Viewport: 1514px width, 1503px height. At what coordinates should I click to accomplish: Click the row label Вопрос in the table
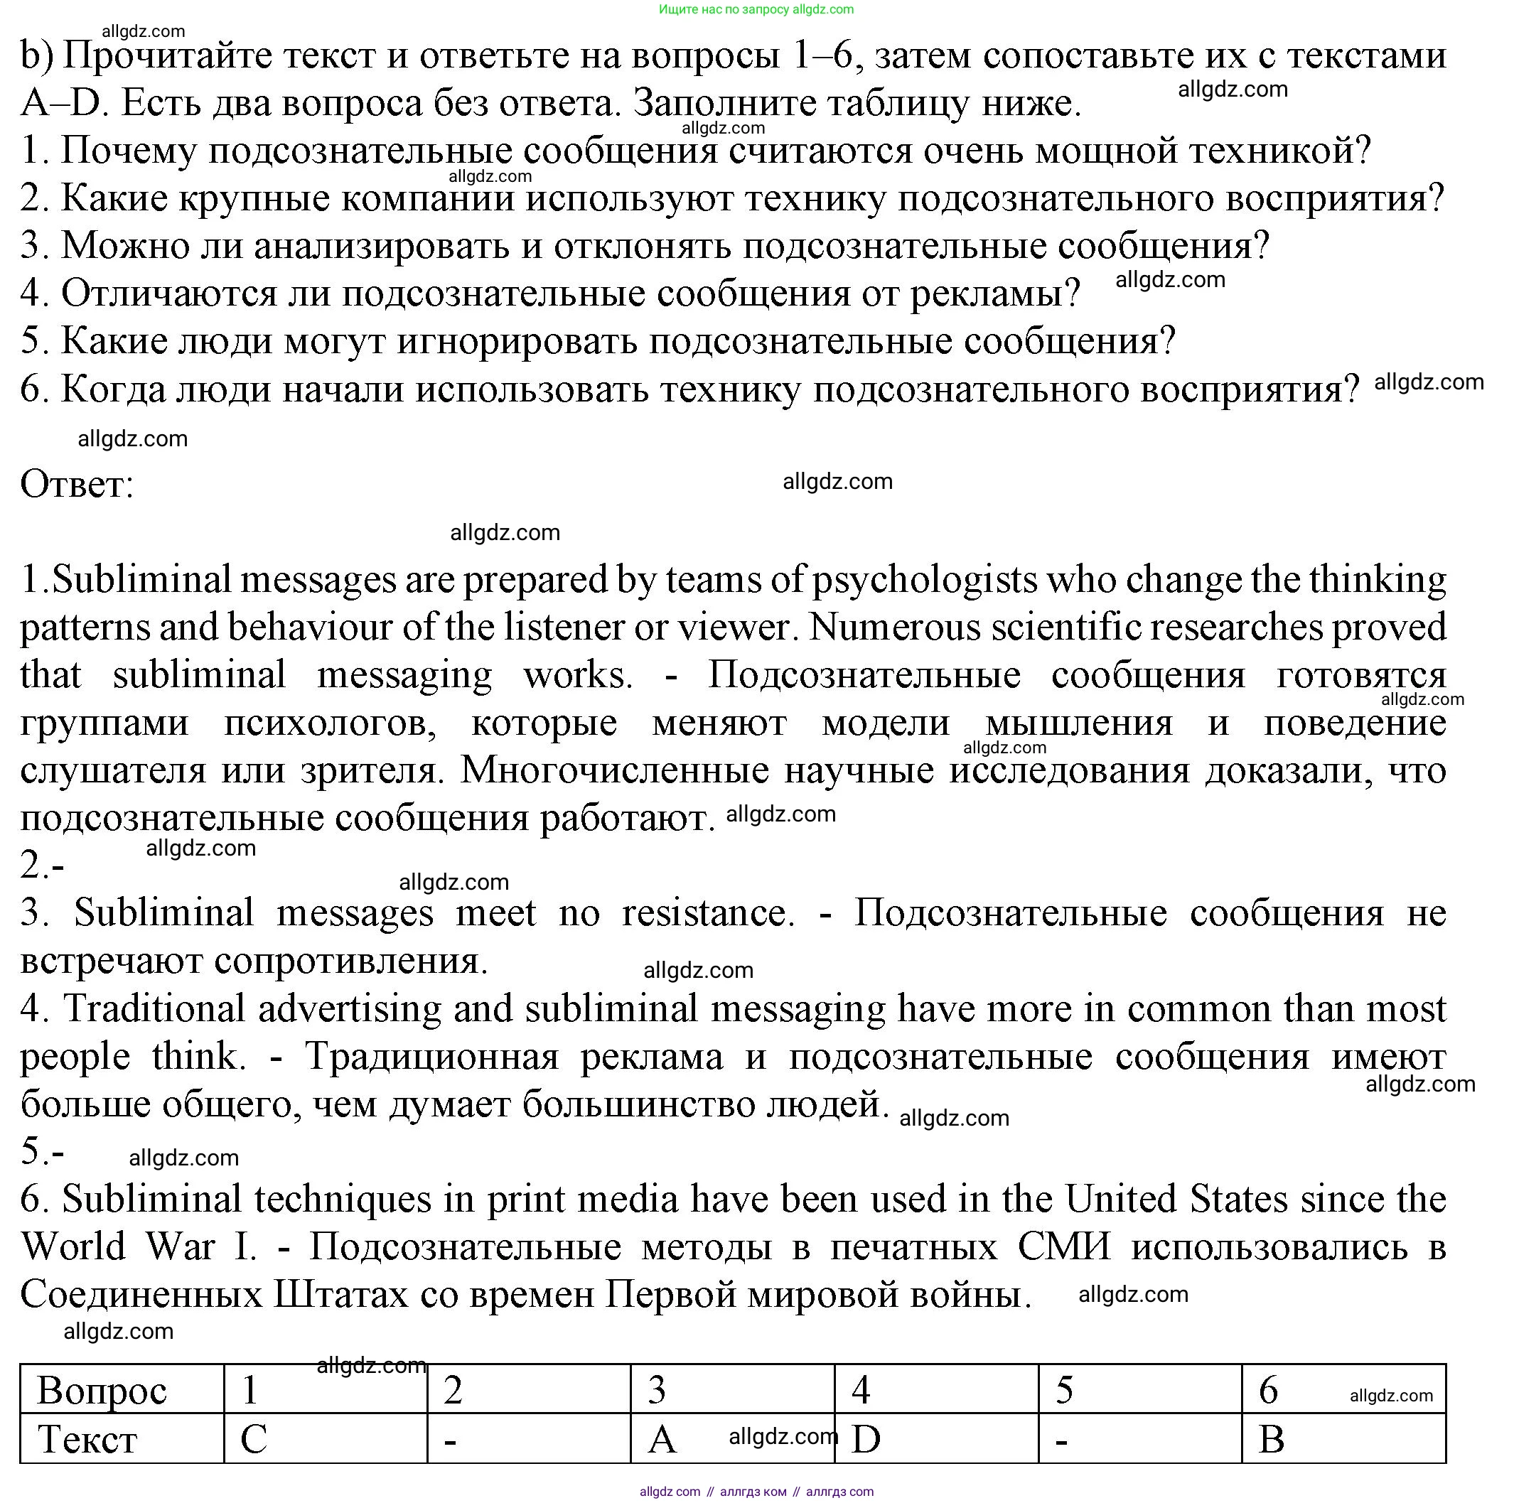point(102,1390)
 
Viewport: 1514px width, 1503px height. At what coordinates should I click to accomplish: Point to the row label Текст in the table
point(87,1439)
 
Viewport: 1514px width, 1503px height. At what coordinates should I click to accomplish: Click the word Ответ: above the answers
point(77,483)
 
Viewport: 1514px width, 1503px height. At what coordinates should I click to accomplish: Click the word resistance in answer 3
point(708,913)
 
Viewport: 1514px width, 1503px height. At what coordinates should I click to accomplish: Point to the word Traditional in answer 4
point(154,1008)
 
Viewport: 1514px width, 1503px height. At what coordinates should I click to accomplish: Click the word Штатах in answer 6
point(341,1295)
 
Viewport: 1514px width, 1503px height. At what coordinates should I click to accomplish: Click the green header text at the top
point(756,9)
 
